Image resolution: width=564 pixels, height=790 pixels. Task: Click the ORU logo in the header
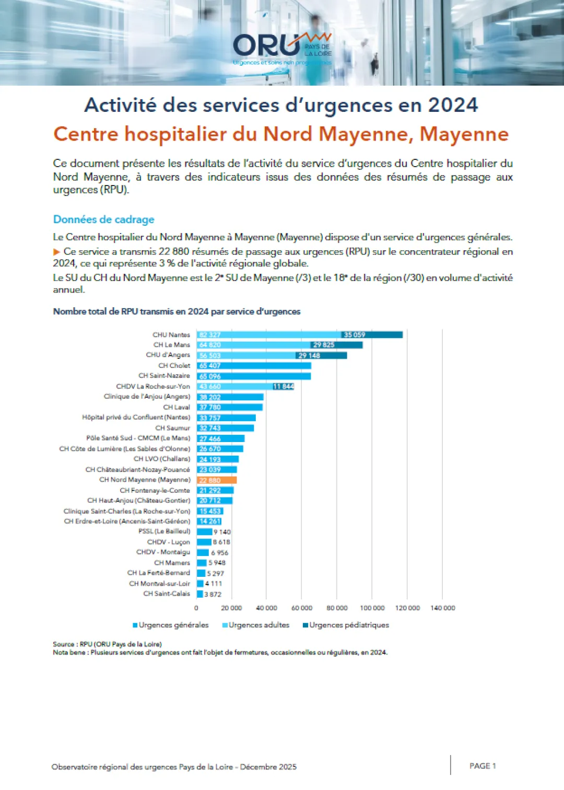tap(282, 48)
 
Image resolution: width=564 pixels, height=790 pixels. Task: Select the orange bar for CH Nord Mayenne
tap(217, 480)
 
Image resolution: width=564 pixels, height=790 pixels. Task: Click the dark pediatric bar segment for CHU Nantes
tap(372, 335)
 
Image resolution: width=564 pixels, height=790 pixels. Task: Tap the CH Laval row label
tap(177, 407)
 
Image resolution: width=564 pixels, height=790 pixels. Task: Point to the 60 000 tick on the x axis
tap(302, 608)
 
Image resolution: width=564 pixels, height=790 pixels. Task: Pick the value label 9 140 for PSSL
tap(222, 532)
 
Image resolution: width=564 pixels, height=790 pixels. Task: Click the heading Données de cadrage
tap(103, 219)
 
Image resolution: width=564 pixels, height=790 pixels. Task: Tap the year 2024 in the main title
tap(453, 105)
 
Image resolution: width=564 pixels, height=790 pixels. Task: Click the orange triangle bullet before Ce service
tap(56, 252)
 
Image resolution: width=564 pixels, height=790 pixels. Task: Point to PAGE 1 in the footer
tap(483, 766)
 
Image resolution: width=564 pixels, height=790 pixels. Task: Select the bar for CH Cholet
tap(254, 366)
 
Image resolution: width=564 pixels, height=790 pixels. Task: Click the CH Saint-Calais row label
tap(167, 594)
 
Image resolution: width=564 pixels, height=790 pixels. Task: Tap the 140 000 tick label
tap(443, 608)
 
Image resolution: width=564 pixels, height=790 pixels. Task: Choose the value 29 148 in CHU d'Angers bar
tap(309, 356)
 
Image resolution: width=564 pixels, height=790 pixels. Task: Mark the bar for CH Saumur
tap(225, 428)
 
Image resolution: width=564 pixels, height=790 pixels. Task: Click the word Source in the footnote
tap(63, 644)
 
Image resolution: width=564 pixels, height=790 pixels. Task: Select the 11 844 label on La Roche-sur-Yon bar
tap(284, 387)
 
